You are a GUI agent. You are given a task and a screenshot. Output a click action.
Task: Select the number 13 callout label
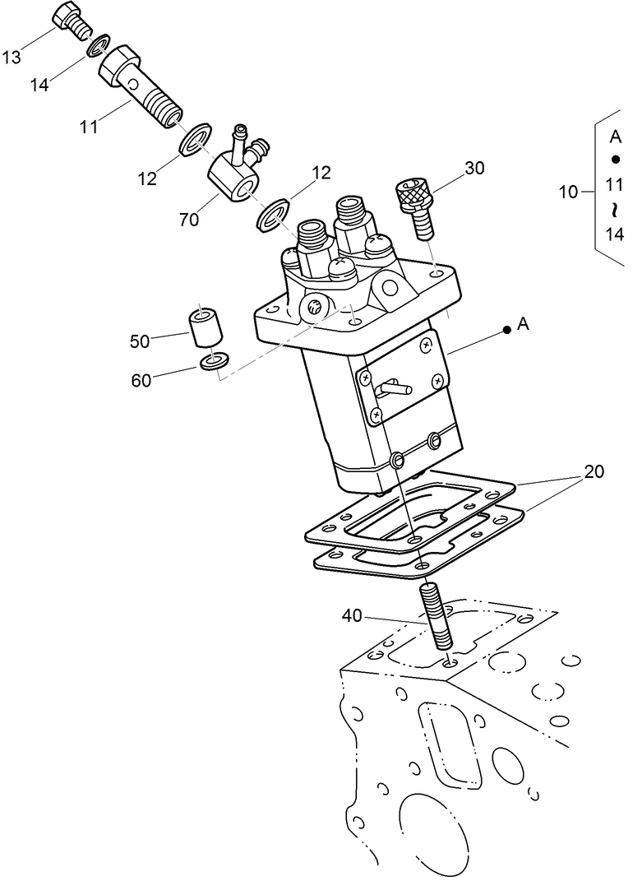[x=12, y=57]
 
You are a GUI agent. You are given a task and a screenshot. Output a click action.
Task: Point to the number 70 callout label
[x=190, y=220]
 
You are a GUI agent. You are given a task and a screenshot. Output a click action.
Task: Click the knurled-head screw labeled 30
[x=417, y=206]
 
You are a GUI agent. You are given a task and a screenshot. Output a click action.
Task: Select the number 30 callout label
[x=474, y=168]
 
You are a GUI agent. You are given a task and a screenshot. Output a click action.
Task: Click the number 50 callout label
[x=141, y=340]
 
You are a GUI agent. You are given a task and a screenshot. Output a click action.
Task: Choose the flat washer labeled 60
[x=215, y=361]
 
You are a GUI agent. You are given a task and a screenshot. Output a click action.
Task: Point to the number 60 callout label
[x=141, y=379]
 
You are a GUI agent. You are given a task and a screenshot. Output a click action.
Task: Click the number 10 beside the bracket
[x=568, y=192]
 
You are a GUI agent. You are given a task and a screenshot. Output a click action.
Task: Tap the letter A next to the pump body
[x=524, y=326]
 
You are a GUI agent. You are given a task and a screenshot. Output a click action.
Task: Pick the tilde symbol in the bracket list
[x=614, y=211]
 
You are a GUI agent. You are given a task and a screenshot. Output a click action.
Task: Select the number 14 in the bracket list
[x=614, y=234]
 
